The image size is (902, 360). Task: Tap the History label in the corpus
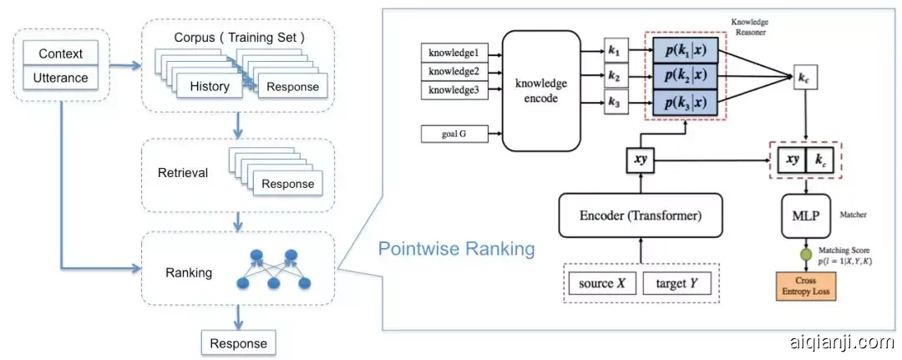pos(209,87)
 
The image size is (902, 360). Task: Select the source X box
pos(602,283)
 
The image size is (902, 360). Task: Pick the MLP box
pos(805,214)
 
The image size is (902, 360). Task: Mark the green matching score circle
pos(806,255)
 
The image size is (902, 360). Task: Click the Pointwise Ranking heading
pos(456,249)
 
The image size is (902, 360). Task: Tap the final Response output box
pos(239,342)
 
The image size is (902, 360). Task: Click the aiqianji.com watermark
pos(841,342)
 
